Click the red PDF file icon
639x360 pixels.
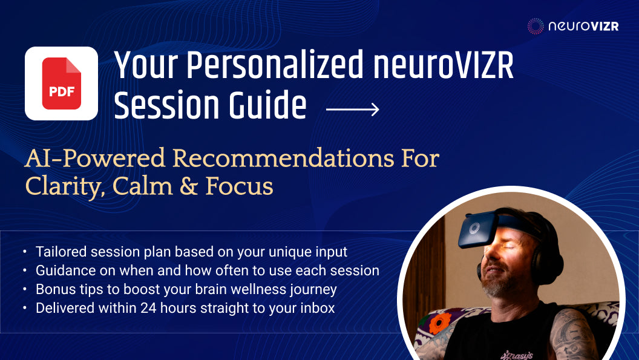61,83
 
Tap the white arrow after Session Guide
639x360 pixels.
352,109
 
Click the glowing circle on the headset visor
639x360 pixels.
474,229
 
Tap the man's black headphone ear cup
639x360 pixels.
545,254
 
